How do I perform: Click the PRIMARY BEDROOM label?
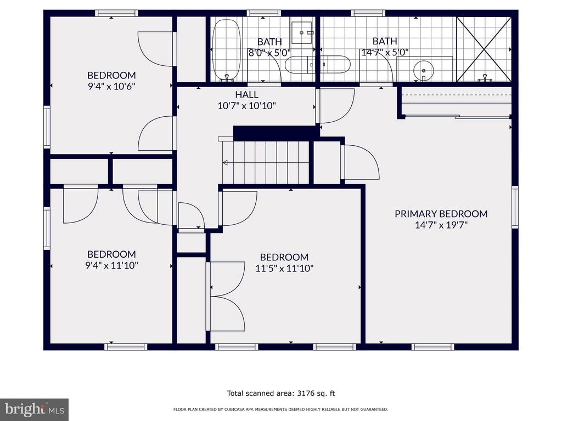pos(441,214)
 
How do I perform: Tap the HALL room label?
pos(246,94)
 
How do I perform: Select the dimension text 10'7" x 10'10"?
pos(247,106)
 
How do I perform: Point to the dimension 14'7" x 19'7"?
pos(441,225)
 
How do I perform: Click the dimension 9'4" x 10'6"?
pos(111,86)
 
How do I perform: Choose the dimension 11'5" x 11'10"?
pos(284,268)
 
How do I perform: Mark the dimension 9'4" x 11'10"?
pos(111,265)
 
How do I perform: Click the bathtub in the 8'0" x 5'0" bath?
pos(226,50)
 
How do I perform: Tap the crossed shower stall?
pos(484,49)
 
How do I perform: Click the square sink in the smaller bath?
pos(302,33)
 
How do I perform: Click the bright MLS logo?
pos(35,409)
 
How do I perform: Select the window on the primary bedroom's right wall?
pos(515,207)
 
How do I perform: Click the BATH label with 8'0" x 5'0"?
pos(269,42)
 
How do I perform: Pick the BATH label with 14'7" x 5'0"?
pos(385,41)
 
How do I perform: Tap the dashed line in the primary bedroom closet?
pos(456,95)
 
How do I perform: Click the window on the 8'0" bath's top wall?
pos(263,13)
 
